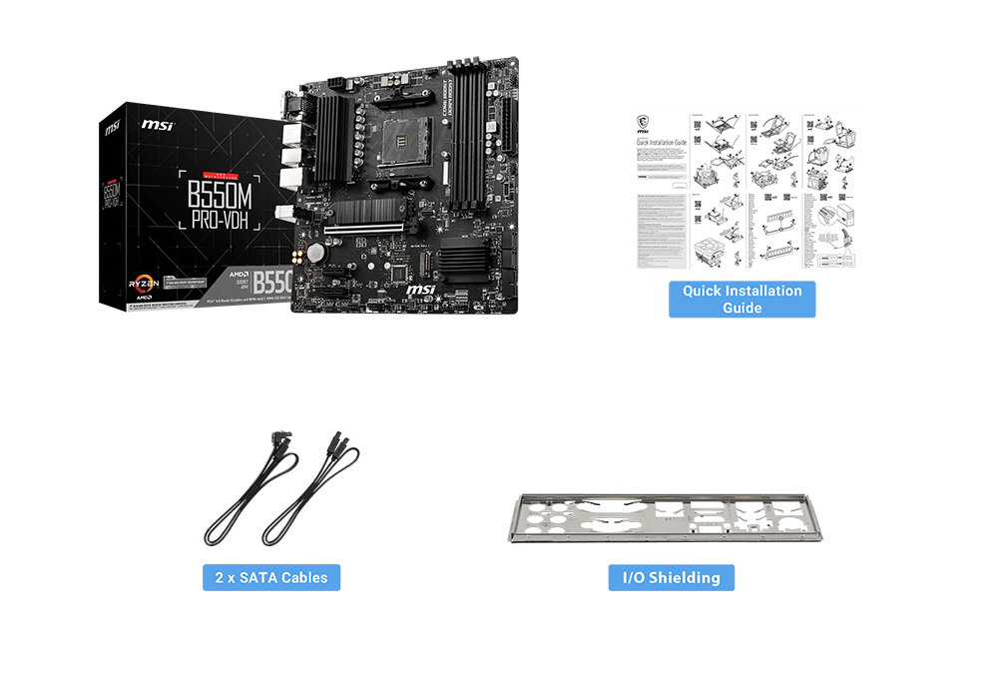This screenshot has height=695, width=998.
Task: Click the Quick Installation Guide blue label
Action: coord(742,300)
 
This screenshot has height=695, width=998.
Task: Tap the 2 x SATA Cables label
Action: coord(271,577)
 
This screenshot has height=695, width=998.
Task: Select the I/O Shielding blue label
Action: coord(671,577)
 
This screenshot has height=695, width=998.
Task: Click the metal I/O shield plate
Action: coord(666,520)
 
